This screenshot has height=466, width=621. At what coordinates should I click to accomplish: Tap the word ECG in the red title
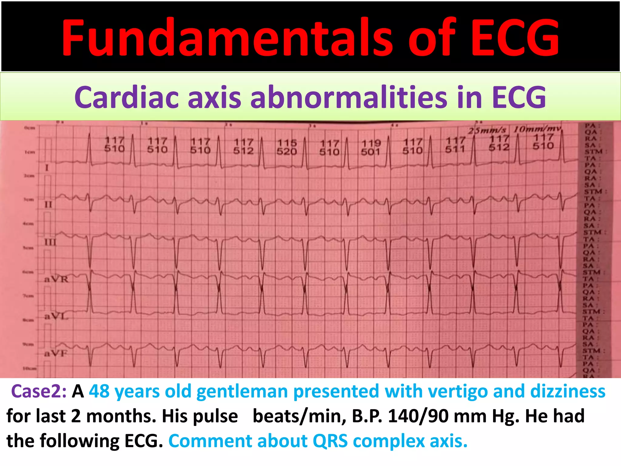point(515,38)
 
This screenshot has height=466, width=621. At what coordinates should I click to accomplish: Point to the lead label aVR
point(56,279)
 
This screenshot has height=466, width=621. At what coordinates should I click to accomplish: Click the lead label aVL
point(56,316)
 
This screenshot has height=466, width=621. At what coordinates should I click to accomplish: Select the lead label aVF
point(56,353)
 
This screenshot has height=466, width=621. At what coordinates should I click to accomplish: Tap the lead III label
point(50,242)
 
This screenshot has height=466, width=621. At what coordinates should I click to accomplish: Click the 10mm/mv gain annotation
point(537,129)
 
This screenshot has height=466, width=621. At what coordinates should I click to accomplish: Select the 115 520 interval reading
point(287,147)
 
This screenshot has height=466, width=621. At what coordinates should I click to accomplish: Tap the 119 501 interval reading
point(371,147)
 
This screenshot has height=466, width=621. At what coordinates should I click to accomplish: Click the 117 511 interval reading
point(455,145)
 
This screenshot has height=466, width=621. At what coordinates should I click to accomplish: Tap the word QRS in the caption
point(330,441)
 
